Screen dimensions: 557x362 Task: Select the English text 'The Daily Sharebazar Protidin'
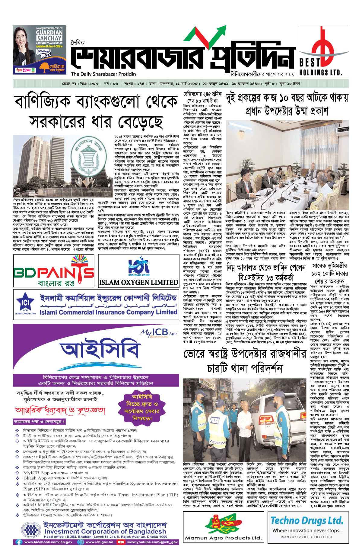coord(103,74)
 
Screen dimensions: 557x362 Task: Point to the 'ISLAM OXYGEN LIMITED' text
coord(139,282)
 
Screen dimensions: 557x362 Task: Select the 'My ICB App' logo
coord(158,332)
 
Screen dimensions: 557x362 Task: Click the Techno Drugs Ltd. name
coord(307,520)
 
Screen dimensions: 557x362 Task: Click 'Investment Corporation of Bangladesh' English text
coord(105,531)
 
